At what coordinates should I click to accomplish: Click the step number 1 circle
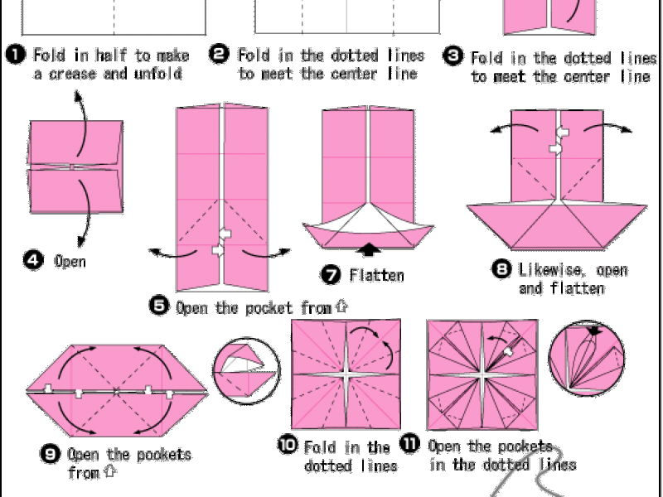[16, 55]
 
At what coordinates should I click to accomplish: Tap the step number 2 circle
[219, 55]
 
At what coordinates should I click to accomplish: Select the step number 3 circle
[452, 56]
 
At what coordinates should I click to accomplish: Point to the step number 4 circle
[33, 260]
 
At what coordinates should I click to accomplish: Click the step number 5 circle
[159, 306]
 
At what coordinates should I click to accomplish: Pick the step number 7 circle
[331, 275]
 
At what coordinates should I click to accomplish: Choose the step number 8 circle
[501, 269]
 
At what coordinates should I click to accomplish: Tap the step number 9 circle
[50, 454]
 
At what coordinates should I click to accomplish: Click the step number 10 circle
[288, 445]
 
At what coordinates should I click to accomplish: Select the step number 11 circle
[409, 444]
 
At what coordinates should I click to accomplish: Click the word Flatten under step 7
[377, 276]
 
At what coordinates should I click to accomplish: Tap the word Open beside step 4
[70, 262]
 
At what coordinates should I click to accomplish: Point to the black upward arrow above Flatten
[369, 249]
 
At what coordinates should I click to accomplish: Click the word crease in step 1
[72, 75]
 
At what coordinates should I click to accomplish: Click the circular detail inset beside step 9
[246, 371]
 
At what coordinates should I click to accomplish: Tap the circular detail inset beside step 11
[586, 359]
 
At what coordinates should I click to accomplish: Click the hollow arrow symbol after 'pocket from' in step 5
[341, 306]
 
